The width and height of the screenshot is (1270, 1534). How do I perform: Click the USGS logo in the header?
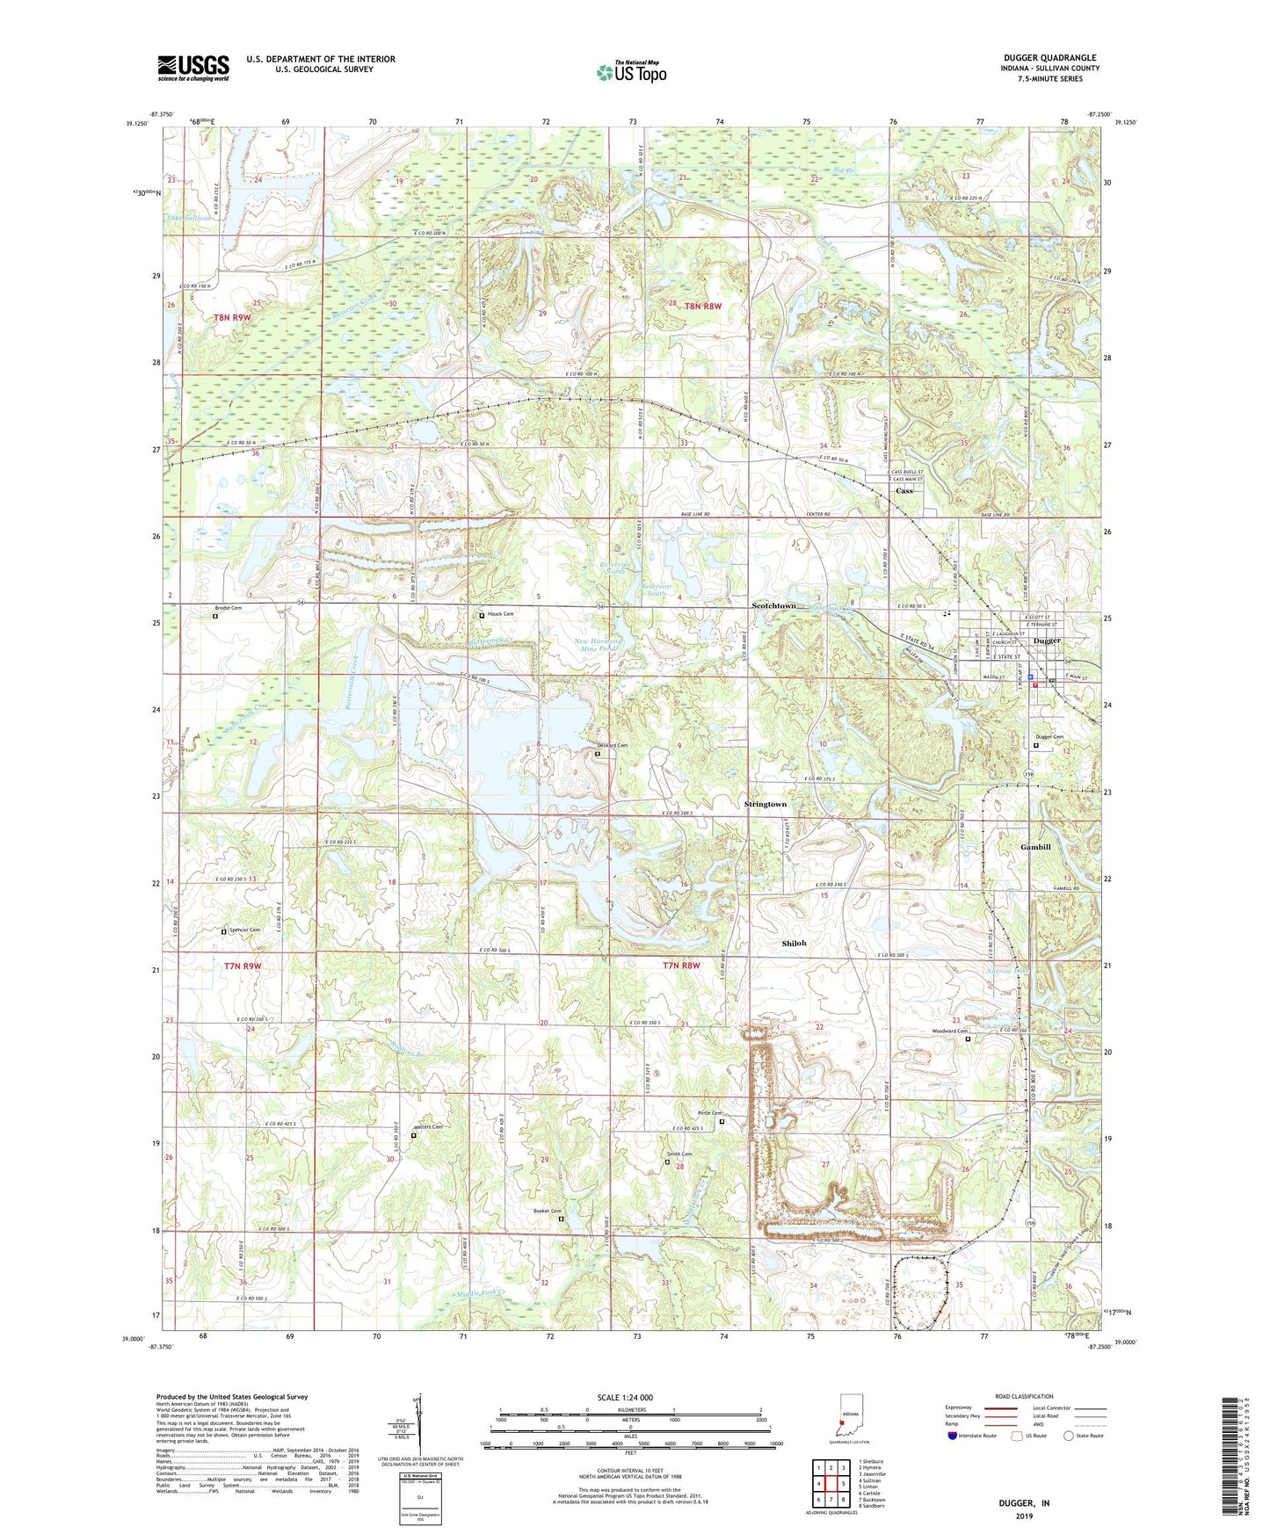(x=192, y=68)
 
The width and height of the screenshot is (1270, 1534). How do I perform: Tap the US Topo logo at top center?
(x=630, y=72)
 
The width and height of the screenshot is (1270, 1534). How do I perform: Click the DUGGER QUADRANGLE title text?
(x=1049, y=58)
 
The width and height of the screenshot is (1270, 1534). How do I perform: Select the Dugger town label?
(x=1047, y=641)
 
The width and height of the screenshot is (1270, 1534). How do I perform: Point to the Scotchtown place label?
(x=773, y=606)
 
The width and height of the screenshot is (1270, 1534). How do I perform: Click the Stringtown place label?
(x=766, y=804)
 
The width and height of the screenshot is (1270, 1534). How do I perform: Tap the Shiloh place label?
(x=794, y=943)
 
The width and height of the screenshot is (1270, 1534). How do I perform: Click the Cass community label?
(x=904, y=491)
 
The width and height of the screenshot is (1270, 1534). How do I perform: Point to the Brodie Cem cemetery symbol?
(x=215, y=616)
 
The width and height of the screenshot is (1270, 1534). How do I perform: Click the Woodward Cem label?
(x=949, y=1031)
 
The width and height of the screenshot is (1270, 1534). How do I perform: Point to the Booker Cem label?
(x=546, y=1212)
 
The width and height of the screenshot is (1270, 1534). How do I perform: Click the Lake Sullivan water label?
(x=186, y=218)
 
